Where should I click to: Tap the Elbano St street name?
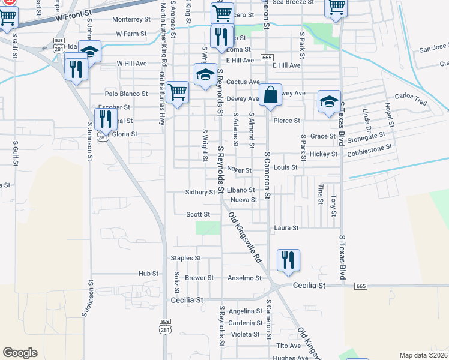[241, 190]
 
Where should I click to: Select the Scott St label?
[198, 214]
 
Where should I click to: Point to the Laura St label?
[286, 228]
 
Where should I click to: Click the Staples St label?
[185, 258]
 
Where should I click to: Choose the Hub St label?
[148, 273]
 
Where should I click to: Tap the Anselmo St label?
[244, 278]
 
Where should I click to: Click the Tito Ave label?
[288, 346]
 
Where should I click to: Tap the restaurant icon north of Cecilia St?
[289, 259]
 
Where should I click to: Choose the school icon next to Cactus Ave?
[205, 75]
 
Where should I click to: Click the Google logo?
[20, 353]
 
